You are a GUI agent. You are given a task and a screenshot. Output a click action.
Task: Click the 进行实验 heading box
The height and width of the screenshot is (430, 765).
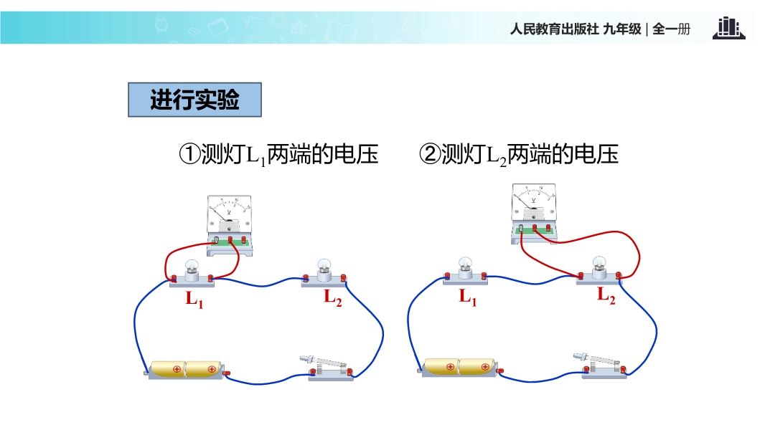pyautogui.click(x=194, y=100)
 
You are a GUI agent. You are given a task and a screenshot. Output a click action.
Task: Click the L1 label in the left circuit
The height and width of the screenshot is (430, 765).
pyautogui.click(x=194, y=299)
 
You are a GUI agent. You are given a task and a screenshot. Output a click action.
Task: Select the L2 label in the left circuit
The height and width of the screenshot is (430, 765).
pyautogui.click(x=332, y=296)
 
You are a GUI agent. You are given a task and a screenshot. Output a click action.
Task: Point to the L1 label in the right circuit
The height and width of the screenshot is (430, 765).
pyautogui.click(x=468, y=296)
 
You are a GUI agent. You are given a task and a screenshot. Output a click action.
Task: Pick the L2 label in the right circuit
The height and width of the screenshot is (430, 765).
pyautogui.click(x=606, y=295)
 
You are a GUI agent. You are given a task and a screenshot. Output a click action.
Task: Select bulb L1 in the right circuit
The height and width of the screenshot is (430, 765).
pyautogui.click(x=465, y=268)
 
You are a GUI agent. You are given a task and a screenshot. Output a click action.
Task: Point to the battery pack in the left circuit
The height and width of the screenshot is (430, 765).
pyautogui.click(x=187, y=370)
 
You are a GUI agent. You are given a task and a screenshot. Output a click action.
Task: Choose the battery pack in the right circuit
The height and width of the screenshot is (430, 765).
pyautogui.click(x=459, y=367)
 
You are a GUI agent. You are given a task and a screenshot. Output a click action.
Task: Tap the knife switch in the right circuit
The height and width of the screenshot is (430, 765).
pyautogui.click(x=604, y=365)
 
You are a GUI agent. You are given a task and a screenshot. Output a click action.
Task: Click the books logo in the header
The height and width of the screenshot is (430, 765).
pyautogui.click(x=728, y=29)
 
